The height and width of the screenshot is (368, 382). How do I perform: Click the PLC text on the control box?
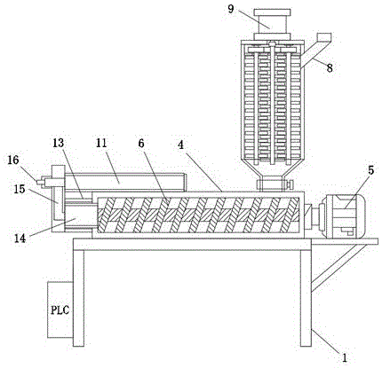click(60, 310)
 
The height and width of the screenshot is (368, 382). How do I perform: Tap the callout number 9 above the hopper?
click(231, 9)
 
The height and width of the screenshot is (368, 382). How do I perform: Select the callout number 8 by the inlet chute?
click(330, 68)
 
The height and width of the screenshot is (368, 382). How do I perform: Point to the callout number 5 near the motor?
click(371, 170)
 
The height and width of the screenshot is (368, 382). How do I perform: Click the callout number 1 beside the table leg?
click(344, 358)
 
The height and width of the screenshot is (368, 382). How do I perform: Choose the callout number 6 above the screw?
click(140, 144)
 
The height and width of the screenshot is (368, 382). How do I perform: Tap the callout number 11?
click(101, 144)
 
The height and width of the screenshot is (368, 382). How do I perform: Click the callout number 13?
click(58, 144)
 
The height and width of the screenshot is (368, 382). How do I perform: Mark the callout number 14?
click(20, 238)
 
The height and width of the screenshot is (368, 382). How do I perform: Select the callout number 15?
click(20, 189)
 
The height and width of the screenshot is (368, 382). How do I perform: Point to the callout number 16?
click(13, 161)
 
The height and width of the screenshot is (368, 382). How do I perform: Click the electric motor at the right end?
click(342, 216)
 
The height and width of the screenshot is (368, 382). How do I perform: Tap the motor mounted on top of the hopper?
click(272, 24)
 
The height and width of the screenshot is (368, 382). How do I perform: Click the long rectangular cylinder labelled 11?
click(124, 182)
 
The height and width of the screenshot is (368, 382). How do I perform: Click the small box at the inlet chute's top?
click(324, 37)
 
